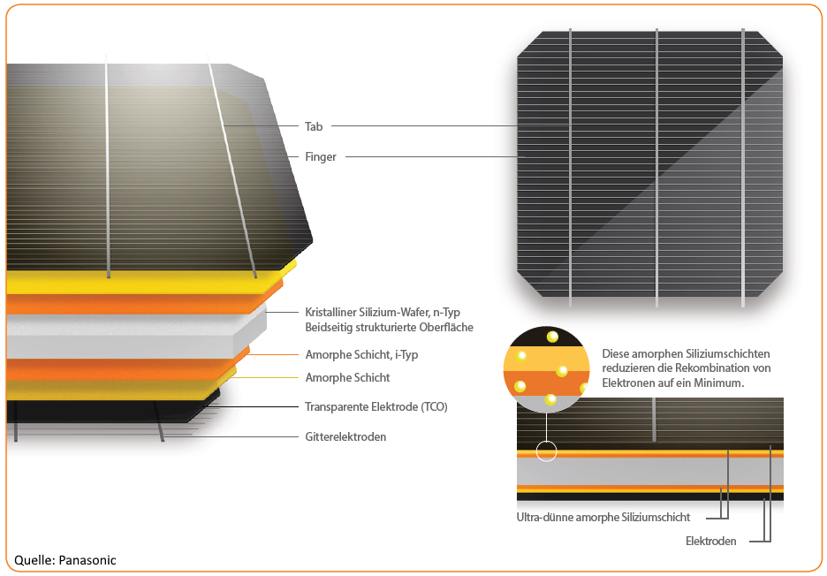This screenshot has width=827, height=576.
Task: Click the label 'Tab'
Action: pyautogui.click(x=314, y=126)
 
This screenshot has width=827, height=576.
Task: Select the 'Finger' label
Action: pyautogui.click(x=321, y=157)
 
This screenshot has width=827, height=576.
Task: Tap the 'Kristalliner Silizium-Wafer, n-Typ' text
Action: pyautogui.click(x=383, y=312)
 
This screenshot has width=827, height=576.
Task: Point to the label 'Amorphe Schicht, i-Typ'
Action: pyautogui.click(x=361, y=354)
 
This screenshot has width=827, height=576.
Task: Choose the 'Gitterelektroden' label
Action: pyautogui.click(x=345, y=436)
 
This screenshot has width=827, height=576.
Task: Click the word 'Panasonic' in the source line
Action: pyautogui.click(x=87, y=560)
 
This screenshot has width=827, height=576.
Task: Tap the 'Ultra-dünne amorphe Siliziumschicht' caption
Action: pyautogui.click(x=603, y=518)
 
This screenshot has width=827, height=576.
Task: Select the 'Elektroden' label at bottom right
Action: pyautogui.click(x=711, y=541)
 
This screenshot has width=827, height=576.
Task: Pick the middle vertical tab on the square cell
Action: pyautogui.click(x=657, y=168)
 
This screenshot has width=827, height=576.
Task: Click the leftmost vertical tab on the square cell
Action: pyautogui.click(x=571, y=168)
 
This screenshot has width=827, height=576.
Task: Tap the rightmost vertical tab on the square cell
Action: pyautogui.click(x=743, y=168)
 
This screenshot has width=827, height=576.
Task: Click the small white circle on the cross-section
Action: pyautogui.click(x=546, y=451)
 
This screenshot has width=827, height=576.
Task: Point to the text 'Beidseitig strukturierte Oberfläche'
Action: pyautogui.click(x=390, y=327)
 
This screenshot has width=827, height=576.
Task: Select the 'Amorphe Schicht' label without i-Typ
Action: pyautogui.click(x=347, y=377)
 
